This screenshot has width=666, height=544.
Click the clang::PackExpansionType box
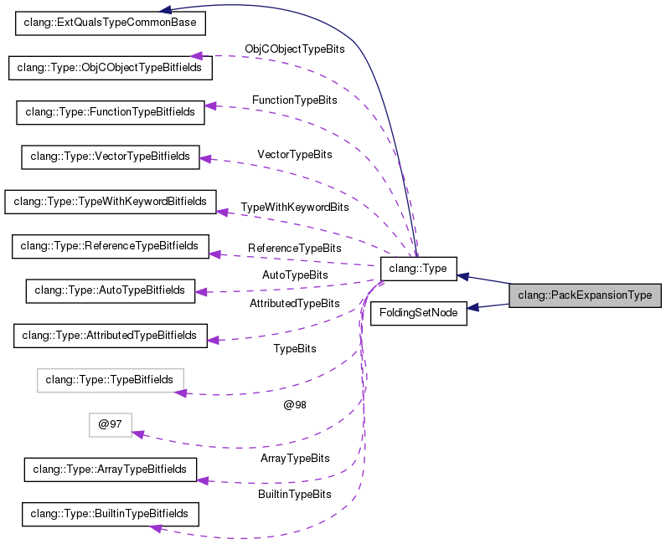click(x=585, y=295)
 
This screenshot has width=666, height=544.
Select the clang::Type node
click(x=418, y=269)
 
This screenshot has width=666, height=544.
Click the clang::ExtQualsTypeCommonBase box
click(x=111, y=23)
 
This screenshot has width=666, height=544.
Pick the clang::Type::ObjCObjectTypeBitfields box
click(x=110, y=67)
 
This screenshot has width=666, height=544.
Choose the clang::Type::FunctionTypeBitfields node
click(x=110, y=111)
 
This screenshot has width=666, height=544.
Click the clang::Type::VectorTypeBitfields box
click(x=111, y=156)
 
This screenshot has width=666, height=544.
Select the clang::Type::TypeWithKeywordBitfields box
click(x=111, y=201)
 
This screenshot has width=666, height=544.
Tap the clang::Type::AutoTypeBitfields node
click(x=111, y=290)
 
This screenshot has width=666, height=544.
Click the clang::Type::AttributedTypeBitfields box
click(x=110, y=335)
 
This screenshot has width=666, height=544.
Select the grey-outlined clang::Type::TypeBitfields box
click(x=110, y=380)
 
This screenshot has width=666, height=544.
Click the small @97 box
click(x=111, y=424)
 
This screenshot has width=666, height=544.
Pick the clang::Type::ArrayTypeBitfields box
click(x=110, y=469)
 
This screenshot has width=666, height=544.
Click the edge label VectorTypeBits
click(x=294, y=155)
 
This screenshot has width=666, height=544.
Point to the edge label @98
click(x=294, y=405)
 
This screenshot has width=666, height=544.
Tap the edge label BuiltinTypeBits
click(x=294, y=495)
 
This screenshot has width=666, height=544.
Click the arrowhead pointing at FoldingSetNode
click(x=473, y=308)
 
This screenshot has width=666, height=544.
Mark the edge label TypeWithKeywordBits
click(x=294, y=207)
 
